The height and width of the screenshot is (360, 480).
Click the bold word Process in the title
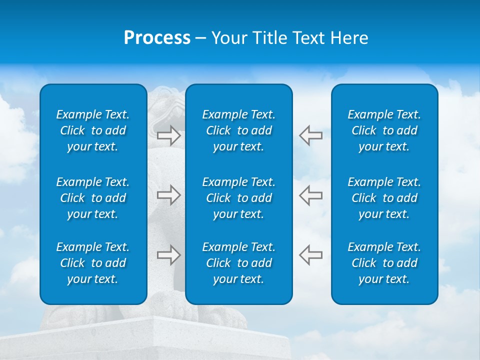[x=157, y=38]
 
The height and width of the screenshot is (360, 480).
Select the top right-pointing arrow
[x=168, y=135]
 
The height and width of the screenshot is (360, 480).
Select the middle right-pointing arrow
[x=168, y=195]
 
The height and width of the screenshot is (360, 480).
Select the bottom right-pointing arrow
[x=168, y=255]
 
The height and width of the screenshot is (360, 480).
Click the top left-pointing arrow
[x=310, y=135]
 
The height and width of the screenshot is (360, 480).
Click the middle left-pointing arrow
[x=310, y=195]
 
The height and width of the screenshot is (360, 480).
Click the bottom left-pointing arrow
[x=310, y=255]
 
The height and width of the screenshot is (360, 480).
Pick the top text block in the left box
[x=93, y=130]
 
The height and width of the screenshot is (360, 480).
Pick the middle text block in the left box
[x=93, y=198]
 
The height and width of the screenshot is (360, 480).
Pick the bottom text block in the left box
[x=93, y=263]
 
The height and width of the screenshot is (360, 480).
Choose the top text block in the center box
[x=238, y=130]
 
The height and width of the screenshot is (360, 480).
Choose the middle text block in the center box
[x=238, y=198]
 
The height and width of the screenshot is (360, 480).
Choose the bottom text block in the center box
[x=238, y=263]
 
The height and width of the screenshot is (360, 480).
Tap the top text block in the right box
[x=384, y=130]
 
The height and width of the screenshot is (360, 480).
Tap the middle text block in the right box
[x=384, y=198]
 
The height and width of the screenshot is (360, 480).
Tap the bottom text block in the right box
[x=384, y=263]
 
